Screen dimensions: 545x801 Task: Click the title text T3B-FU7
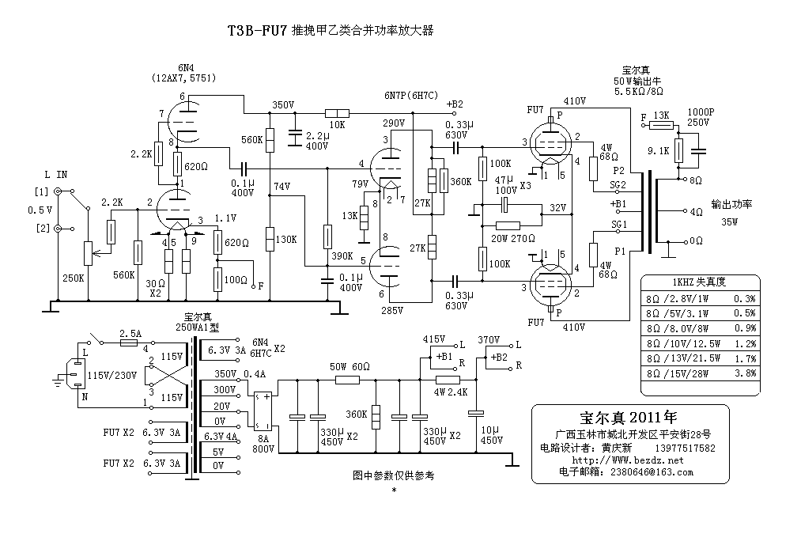[256, 31]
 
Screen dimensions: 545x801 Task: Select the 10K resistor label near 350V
[338, 125]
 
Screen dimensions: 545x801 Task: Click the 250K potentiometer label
[74, 278]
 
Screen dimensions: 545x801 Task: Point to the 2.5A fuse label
[130, 333]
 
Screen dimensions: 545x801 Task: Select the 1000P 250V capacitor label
[701, 118]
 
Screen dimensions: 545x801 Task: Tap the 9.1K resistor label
[657, 149]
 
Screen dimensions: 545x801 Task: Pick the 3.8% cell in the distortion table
[743, 373]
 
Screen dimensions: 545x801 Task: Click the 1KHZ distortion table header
[699, 282]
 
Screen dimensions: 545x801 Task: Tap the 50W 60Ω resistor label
[349, 367]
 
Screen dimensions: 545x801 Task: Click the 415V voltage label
[434, 339]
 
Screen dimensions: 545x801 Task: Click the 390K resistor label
[342, 256]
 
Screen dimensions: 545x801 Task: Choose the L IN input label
[55, 173]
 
